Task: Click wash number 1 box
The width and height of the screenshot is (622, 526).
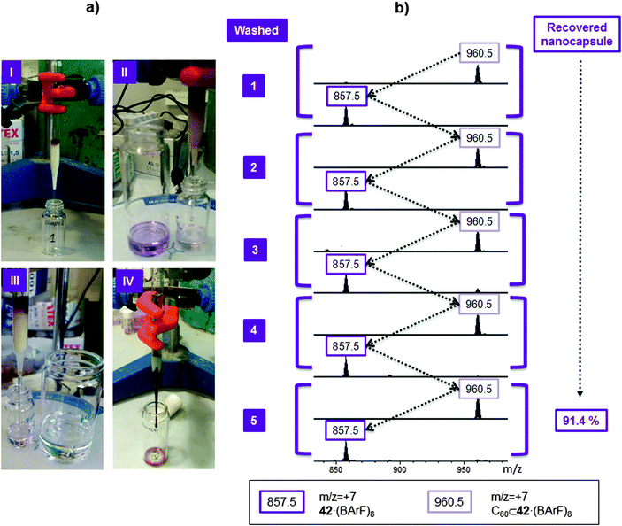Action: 255,87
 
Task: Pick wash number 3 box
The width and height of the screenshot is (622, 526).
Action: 255,251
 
